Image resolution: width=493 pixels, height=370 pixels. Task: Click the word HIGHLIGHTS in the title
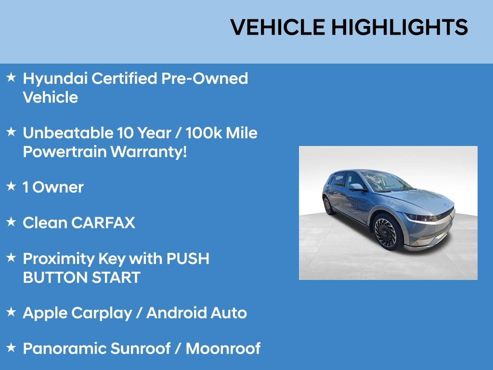(400, 27)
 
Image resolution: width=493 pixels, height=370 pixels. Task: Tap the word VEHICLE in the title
(278, 27)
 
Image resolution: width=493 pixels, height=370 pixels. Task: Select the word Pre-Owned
(205, 78)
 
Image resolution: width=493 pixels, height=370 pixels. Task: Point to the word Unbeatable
(68, 133)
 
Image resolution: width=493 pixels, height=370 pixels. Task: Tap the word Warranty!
(149, 152)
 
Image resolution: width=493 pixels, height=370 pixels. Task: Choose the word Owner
(58, 187)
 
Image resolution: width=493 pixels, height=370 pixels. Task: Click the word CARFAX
(103, 223)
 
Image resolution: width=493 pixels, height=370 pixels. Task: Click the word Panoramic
(65, 349)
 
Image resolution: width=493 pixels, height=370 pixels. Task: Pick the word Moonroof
(223, 349)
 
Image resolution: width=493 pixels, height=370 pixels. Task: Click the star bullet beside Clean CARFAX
(11, 222)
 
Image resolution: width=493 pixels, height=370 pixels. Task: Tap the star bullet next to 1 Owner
(11, 186)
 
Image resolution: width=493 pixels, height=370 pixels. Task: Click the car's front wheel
(386, 232)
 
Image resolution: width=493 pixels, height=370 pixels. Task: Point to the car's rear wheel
(328, 205)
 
